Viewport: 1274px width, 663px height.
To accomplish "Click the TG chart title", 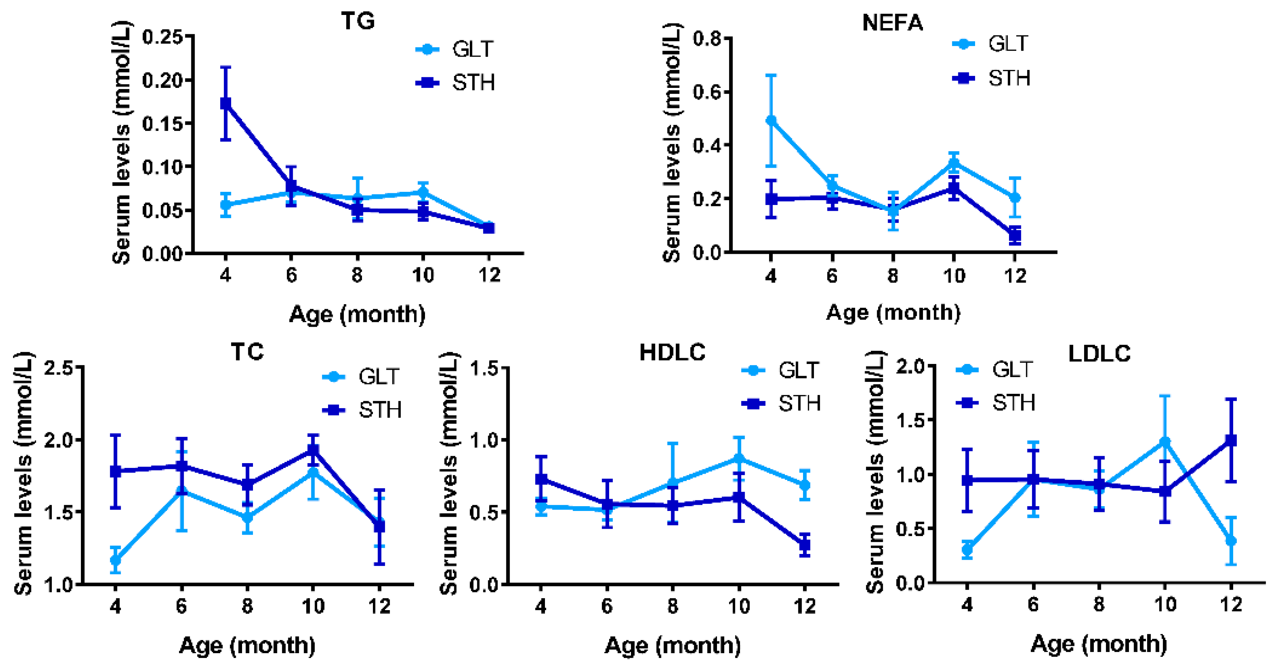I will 358,21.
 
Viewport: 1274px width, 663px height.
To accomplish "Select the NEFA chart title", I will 892,23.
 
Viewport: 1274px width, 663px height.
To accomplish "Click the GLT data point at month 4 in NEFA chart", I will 771,120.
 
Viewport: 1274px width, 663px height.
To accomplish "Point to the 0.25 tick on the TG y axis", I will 162,37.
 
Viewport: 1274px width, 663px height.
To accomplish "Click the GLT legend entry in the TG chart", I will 455,49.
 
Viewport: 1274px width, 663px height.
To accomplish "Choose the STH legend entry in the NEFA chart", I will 991,78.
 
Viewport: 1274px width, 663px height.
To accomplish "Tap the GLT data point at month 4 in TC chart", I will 115,560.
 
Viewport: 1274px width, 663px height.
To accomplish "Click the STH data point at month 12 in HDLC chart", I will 804,545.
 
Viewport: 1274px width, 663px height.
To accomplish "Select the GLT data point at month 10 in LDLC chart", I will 1165,441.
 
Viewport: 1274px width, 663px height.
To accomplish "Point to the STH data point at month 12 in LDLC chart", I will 1231,440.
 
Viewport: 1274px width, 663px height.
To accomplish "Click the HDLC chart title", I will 672,353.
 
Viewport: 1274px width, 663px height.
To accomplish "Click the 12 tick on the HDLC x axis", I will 804,606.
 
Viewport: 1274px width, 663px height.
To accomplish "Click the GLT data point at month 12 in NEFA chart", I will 1015,197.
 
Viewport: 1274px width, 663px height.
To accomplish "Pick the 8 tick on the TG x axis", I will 357,275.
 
